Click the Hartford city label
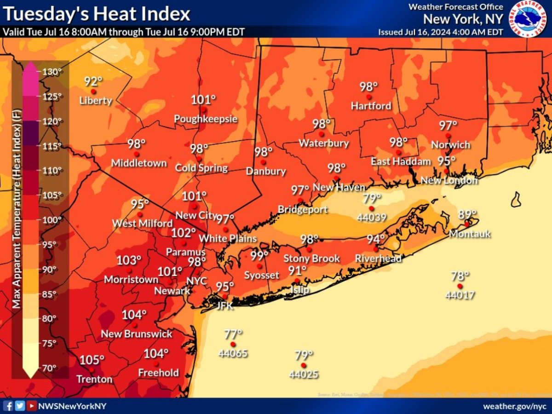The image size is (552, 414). [x=371, y=106]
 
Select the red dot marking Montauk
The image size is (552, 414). [x=466, y=224]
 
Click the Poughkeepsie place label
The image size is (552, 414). [x=206, y=119]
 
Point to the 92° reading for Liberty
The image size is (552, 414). [x=93, y=81]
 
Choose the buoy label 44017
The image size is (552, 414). [x=460, y=295]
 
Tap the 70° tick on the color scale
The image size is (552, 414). [x=49, y=368]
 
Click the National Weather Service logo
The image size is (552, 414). [x=528, y=19]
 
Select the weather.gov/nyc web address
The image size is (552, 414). [x=514, y=407]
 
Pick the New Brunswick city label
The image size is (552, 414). [x=137, y=333]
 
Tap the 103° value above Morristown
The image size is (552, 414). [x=128, y=260]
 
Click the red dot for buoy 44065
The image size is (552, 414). [x=233, y=344]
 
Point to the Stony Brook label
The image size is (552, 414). [x=311, y=259]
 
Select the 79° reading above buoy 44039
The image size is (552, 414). [x=372, y=198]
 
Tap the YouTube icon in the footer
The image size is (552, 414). [x=31, y=406]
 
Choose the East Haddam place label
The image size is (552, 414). [x=401, y=161]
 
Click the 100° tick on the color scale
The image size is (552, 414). [x=52, y=219]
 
